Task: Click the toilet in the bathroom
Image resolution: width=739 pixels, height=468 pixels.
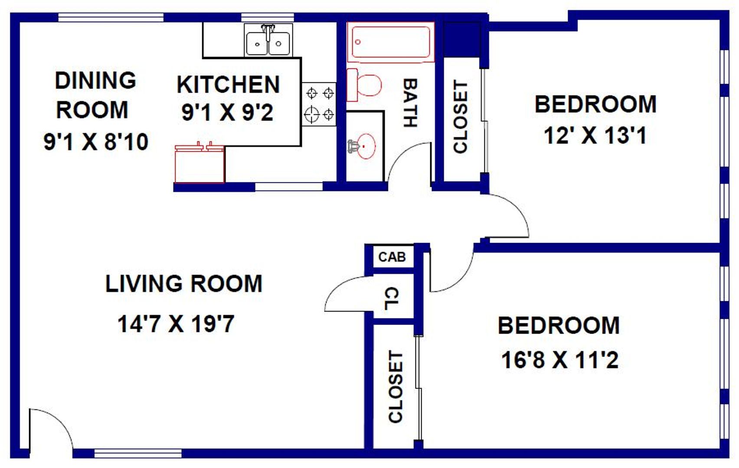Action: click(364, 85)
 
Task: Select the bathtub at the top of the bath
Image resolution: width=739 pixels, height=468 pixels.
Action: click(391, 42)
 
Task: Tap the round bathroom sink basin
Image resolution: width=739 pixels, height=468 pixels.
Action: click(366, 146)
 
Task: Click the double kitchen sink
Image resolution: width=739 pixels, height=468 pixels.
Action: click(268, 40)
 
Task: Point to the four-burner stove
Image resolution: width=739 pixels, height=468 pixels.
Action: click(319, 104)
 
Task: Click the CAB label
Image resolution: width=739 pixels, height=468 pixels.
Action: click(392, 257)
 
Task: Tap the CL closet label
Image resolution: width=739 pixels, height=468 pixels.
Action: click(392, 298)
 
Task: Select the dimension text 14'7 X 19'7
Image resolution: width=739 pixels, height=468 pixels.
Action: click(176, 324)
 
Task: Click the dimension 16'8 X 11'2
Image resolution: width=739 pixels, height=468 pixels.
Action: click(560, 360)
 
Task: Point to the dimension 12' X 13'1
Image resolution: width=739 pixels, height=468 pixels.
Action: click(595, 136)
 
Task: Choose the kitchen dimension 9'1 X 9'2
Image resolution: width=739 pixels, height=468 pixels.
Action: click(227, 112)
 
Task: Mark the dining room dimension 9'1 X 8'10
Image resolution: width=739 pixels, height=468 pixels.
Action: click(96, 142)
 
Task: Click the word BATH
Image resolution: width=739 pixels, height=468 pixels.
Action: click(411, 103)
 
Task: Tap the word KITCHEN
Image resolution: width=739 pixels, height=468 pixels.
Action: click(228, 84)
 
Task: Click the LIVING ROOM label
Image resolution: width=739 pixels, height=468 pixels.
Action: click(184, 283)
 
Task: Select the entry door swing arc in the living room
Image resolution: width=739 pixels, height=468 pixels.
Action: click(58, 420)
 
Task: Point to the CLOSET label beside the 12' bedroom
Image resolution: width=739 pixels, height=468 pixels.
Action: click(461, 117)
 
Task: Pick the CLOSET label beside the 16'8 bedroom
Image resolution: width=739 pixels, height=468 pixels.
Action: click(396, 386)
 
